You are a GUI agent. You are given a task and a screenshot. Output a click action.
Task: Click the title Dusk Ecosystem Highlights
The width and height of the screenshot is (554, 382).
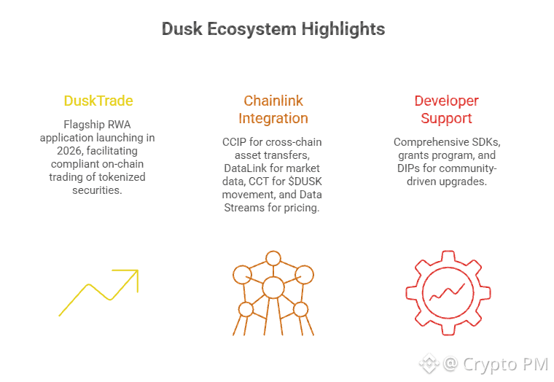273,29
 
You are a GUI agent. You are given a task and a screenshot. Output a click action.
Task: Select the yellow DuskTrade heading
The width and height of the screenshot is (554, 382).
98,101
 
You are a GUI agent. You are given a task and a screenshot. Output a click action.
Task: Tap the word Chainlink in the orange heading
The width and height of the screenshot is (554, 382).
273,101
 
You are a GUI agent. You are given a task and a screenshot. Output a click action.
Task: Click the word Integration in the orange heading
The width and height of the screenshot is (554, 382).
273,118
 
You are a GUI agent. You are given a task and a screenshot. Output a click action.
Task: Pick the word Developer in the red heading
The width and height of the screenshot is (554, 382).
447,101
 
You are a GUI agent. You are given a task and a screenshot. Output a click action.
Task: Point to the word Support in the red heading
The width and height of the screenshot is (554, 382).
446,118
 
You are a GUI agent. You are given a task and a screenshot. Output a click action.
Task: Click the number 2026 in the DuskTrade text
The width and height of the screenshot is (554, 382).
69,151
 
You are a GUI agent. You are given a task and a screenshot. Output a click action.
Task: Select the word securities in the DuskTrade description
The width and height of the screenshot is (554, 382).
97,190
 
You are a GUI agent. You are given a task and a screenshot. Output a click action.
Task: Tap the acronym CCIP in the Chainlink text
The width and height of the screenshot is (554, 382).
234,142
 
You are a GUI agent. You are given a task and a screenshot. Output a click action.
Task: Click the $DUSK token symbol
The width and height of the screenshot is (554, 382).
305,182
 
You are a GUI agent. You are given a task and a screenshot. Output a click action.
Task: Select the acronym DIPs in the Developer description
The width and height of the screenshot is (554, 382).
408,168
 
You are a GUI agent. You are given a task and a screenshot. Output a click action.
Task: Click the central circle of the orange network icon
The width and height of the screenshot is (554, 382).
273,288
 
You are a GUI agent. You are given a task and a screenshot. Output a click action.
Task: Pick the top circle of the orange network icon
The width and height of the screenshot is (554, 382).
273,258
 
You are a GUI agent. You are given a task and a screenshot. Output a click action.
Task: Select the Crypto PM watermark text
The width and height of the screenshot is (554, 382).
505,365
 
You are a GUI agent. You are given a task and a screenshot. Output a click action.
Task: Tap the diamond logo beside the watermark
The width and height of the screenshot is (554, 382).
429,363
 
